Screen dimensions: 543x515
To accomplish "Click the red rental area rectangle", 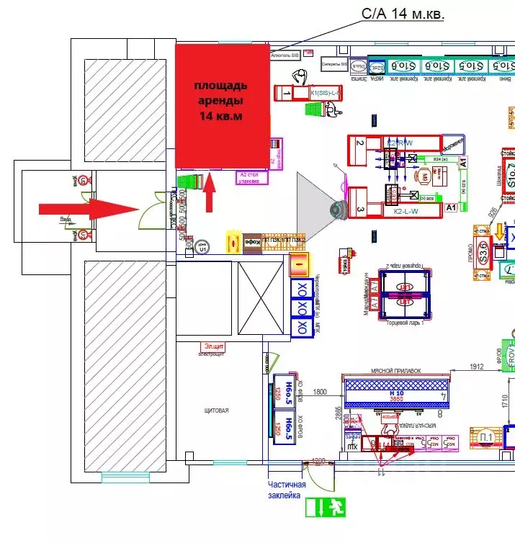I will click(222, 105).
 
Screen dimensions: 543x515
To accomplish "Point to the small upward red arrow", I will click(210, 192).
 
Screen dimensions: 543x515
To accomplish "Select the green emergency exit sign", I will click(326, 507).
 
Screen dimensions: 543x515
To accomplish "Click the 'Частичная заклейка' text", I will click(287, 490).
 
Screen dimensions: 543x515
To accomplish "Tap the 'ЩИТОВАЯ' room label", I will click(217, 410).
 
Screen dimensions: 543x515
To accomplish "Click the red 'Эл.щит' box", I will click(212, 347).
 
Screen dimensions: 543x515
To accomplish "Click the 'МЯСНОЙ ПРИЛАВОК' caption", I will click(395, 371).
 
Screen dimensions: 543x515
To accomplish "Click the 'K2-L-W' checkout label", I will click(408, 212).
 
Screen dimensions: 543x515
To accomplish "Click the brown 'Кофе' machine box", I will click(253, 242).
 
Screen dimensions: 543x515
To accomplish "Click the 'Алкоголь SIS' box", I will click(285, 54).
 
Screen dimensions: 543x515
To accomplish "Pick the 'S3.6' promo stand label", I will click(483, 253).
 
